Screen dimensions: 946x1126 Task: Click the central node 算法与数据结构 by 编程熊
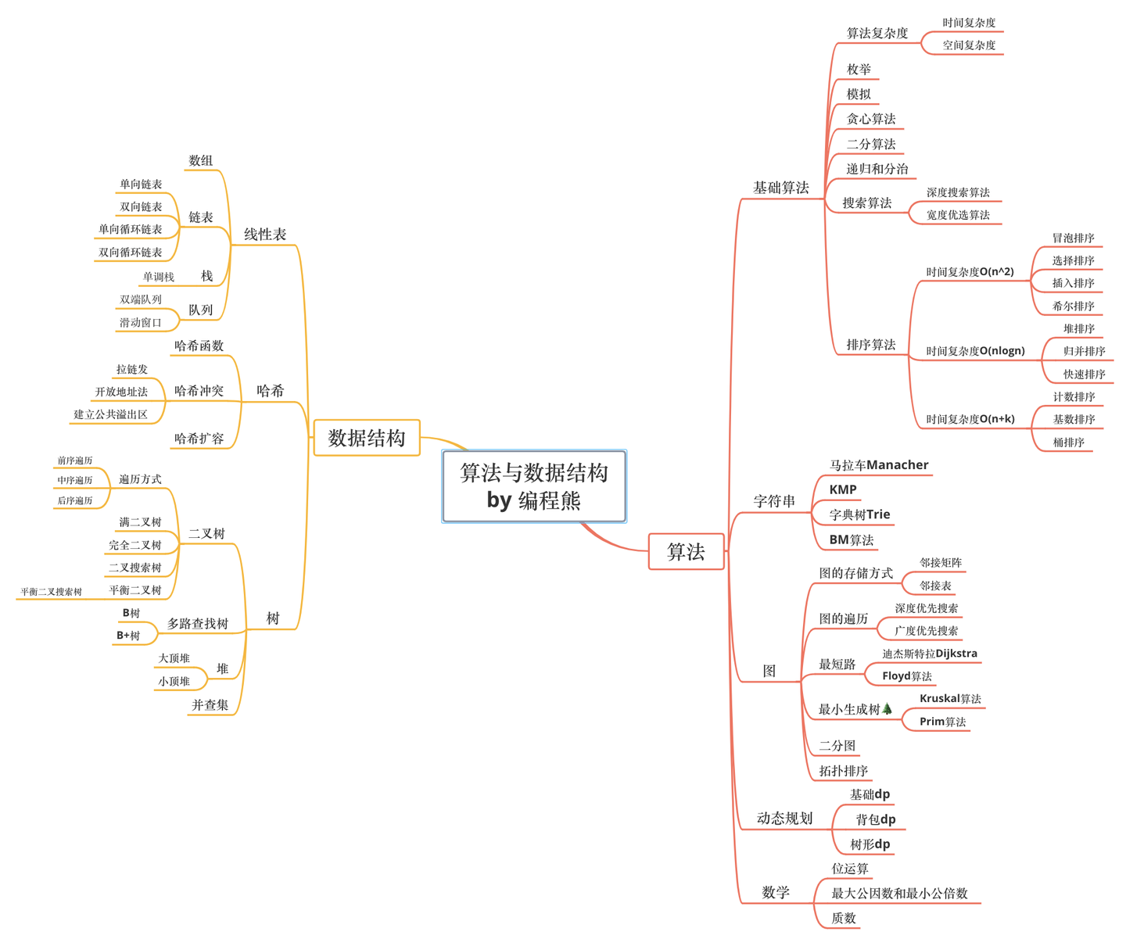534,486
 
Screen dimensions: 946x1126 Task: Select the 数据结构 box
367,438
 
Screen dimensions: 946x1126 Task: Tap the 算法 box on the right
686,552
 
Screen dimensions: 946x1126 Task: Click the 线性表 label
265,235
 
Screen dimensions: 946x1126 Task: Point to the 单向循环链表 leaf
131,230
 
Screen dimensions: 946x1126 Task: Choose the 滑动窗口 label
141,323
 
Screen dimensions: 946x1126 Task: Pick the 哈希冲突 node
199,391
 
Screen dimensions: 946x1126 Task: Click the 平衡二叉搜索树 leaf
52,592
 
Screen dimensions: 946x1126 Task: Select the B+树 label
128,636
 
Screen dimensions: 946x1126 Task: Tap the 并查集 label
210,705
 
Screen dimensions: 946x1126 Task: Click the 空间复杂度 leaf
969,45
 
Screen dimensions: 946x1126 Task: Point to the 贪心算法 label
871,119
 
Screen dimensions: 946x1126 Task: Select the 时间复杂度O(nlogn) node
975,351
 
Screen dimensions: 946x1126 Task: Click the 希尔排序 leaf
1073,306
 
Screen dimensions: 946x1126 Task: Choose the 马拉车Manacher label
879,465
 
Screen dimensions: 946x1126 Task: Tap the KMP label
843,489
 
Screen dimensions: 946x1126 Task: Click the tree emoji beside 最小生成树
887,709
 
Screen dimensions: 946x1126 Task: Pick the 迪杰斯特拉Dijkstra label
930,654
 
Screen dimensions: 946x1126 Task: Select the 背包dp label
876,819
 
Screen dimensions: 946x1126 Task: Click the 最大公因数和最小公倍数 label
899,894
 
